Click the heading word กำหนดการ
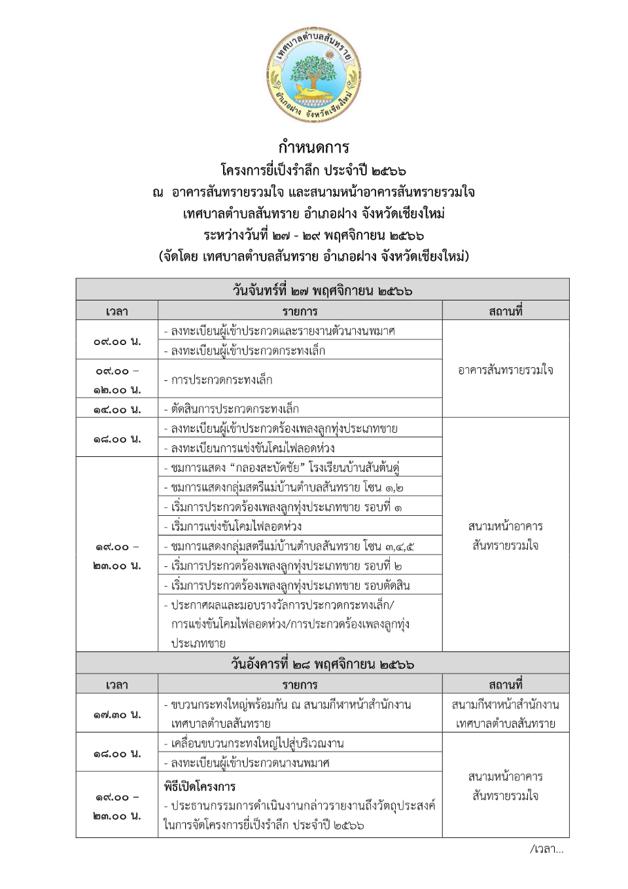[x=313, y=147]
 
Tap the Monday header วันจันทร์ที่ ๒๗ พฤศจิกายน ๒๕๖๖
[x=322, y=290]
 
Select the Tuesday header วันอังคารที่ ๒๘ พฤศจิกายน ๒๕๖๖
[x=322, y=664]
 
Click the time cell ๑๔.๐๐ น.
[x=116, y=409]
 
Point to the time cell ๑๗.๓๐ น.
[x=116, y=714]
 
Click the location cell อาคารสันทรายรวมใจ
[x=505, y=370]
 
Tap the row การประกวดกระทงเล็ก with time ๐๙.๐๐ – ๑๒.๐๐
[x=222, y=380]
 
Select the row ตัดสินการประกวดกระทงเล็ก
[x=234, y=409]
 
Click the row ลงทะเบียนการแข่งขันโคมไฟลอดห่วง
[x=253, y=448]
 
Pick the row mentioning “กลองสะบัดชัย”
[x=285, y=467]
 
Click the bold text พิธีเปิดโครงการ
[x=200, y=786]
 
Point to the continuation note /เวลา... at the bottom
[x=546, y=849]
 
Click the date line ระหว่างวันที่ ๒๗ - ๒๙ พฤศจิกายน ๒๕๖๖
[x=313, y=235]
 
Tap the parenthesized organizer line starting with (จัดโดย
[x=313, y=256]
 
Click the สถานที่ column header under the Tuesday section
[x=505, y=685]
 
